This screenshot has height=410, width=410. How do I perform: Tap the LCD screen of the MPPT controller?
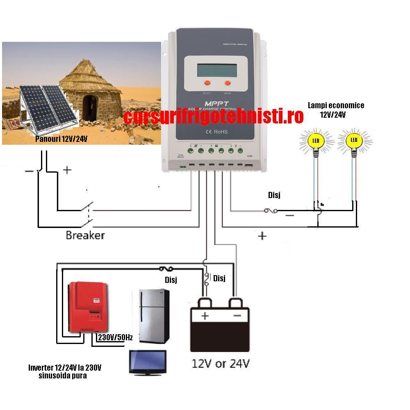(x=216, y=68)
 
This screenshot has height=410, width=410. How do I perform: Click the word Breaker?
(x=85, y=235)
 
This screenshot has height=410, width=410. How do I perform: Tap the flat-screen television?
(x=148, y=362)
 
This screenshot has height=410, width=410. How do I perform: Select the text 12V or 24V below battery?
(x=221, y=364)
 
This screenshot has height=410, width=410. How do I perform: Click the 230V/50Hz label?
(x=115, y=337)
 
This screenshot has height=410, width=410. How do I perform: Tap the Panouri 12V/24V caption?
(x=61, y=139)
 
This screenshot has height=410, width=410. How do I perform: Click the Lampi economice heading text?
(x=336, y=105)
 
